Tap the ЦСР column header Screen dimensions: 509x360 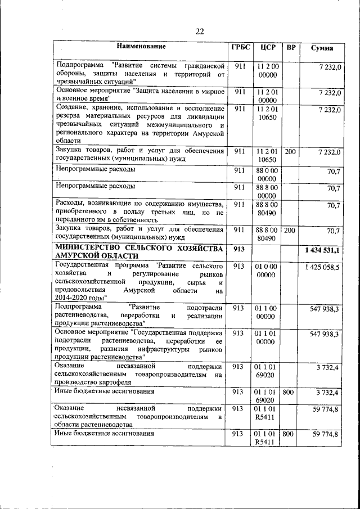pyautogui.click(x=268, y=47)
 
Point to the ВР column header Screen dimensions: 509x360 pyautogui.click(x=291, y=47)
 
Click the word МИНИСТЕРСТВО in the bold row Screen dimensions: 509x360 pyautogui.click(x=92, y=249)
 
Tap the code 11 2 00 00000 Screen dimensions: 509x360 pyautogui.click(x=268, y=70)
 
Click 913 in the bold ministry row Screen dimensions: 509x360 pyautogui.click(x=239, y=249)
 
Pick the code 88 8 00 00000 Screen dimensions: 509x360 pyautogui.click(x=268, y=191)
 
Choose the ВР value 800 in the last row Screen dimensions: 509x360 pyautogui.click(x=288, y=434)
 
